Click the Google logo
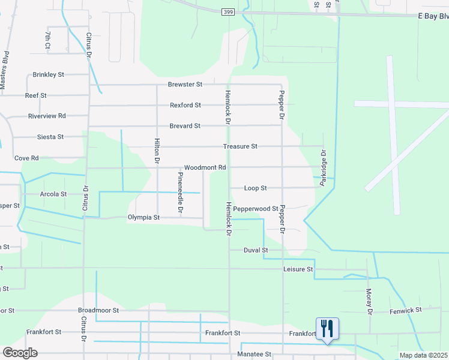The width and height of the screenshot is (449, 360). coord(20,353)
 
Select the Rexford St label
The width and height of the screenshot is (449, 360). coord(185,105)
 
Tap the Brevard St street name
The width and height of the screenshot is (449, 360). coord(184,126)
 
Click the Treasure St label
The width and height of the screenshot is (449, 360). coord(240,146)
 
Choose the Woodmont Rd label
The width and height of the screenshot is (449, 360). coord(205,167)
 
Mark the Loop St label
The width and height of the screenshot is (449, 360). coord(255,188)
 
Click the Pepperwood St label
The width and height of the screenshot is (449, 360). coord(256,209)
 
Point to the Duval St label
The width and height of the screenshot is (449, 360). coord(256,250)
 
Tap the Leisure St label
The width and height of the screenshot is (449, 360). coord(298,270)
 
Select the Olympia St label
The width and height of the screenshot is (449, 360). coord(143,217)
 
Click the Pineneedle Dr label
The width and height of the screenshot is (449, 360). coord(179,193)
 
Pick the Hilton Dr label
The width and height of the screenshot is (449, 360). coord(157,151)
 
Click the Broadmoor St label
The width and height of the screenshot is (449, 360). coord(98,311)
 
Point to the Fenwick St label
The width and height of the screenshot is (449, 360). coord(406,310)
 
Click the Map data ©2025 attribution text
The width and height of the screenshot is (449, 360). coord(423,355)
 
